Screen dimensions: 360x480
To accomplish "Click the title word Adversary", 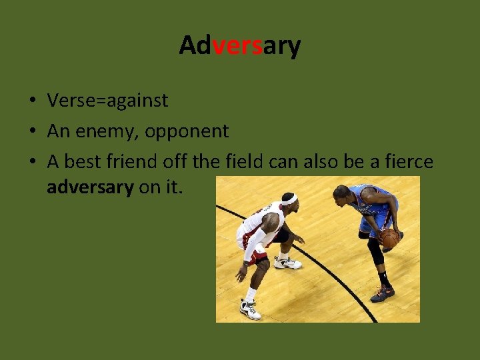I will pyautogui.click(x=240, y=45).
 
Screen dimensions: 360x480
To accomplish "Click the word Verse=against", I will pyautogui.click(x=107, y=101).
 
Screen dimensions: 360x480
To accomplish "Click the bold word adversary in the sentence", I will pyautogui.click(x=90, y=187).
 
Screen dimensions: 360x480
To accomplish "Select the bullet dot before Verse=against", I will pyautogui.click(x=31, y=101).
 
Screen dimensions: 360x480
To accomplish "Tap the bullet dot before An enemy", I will pyautogui.click(x=31, y=132).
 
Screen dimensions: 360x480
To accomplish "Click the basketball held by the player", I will pyautogui.click(x=389, y=238).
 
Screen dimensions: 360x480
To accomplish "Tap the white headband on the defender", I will pyautogui.click(x=289, y=199).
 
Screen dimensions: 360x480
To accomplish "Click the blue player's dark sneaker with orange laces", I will pyautogui.click(x=383, y=293).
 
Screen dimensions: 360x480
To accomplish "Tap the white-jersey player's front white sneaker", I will pyautogui.click(x=288, y=263).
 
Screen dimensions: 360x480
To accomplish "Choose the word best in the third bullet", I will pyautogui.click(x=83, y=162).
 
